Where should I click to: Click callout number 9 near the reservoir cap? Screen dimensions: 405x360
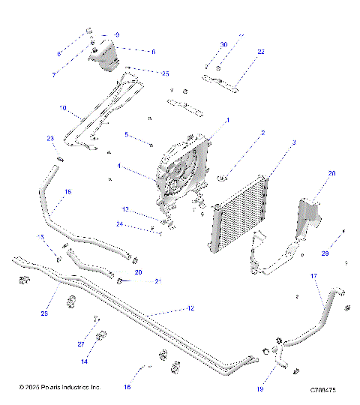click(x=117, y=35)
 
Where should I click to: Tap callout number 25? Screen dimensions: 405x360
click(x=165, y=73)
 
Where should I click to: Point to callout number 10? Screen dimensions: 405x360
click(x=63, y=108)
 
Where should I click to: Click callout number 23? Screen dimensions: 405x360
click(x=51, y=139)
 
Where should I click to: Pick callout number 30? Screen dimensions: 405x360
click(x=223, y=45)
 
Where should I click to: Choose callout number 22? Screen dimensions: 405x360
click(x=261, y=52)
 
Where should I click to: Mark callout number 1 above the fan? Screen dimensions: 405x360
click(x=228, y=120)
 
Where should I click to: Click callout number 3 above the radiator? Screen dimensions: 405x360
click(x=294, y=142)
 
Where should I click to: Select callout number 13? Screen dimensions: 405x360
click(x=126, y=209)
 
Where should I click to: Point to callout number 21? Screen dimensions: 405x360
click(x=157, y=281)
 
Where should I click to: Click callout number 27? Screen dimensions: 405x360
click(x=80, y=344)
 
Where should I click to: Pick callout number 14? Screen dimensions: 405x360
click(x=85, y=361)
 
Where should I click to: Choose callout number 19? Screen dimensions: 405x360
click(x=260, y=388)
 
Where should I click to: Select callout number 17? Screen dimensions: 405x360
click(x=313, y=277)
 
